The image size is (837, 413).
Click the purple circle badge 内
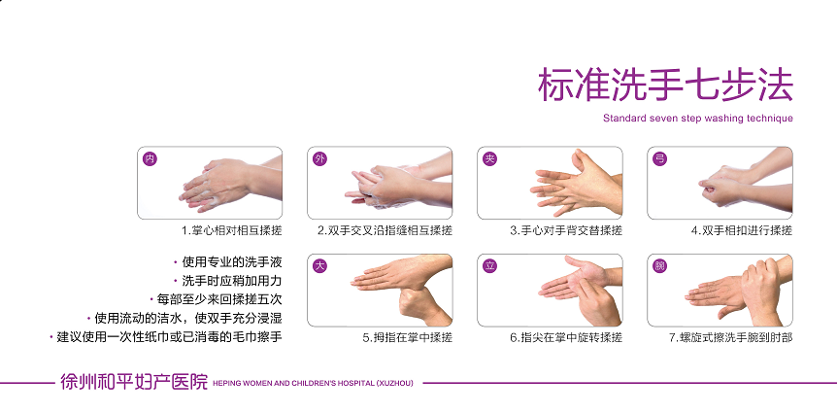pyautogui.click(x=151, y=158)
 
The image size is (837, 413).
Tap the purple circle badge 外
pyautogui.click(x=319, y=158)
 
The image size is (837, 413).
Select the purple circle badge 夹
pyautogui.click(x=489, y=158)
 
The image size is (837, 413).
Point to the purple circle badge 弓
pyautogui.click(x=659, y=158)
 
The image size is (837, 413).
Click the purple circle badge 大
pyautogui.click(x=319, y=266)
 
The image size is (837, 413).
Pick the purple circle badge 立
pyautogui.click(x=489, y=266)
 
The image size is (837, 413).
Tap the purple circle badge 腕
pyautogui.click(x=659, y=266)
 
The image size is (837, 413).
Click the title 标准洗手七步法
pyautogui.click(x=665, y=85)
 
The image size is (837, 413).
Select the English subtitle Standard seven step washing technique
pyautogui.click(x=698, y=119)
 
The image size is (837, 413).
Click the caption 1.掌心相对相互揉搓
pyautogui.click(x=232, y=230)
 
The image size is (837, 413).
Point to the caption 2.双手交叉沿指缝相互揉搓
pyautogui.click(x=385, y=230)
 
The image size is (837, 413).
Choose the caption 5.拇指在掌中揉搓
pyautogui.click(x=407, y=337)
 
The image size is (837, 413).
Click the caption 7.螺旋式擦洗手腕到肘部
pyautogui.click(x=731, y=337)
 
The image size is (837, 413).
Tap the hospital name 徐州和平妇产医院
pyautogui.click(x=134, y=383)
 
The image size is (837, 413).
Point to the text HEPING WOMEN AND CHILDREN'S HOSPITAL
pyautogui.click(x=293, y=383)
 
